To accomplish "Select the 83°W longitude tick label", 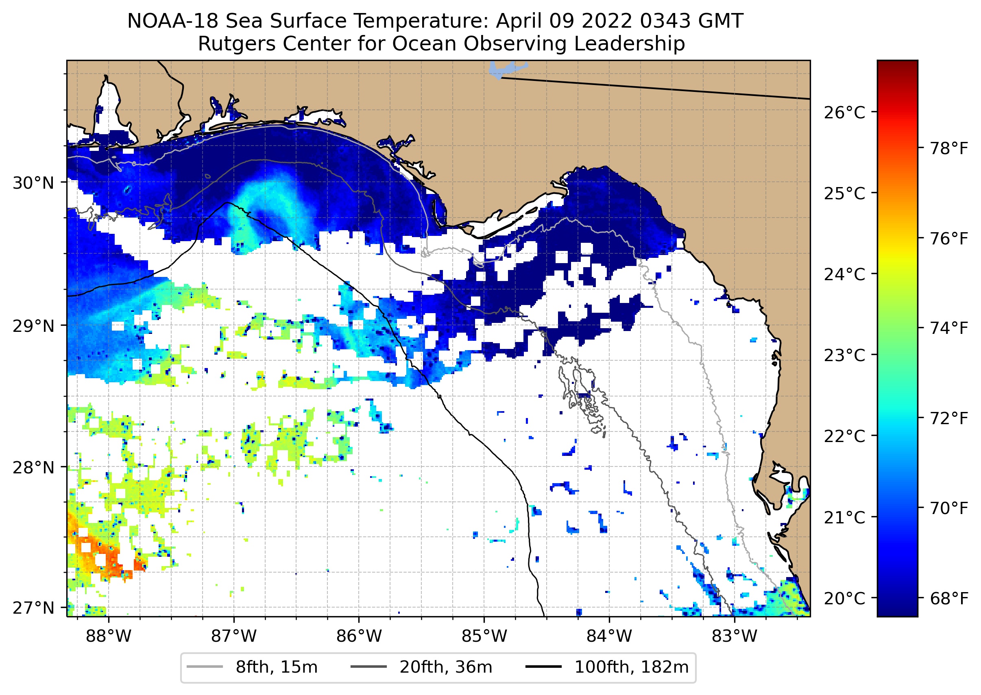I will click(x=735, y=636).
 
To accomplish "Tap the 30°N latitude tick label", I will click(x=33, y=183).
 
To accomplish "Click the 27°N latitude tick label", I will click(x=33, y=608).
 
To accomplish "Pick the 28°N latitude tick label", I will click(x=33, y=468).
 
